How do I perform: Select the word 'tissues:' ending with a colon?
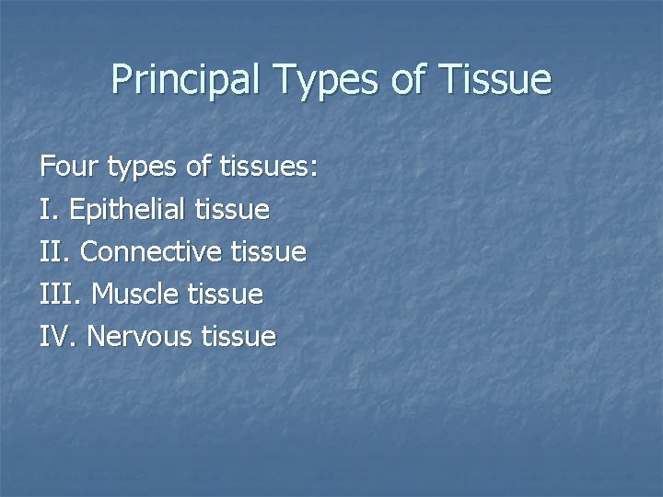269,168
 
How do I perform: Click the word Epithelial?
128,210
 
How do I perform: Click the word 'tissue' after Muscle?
226,295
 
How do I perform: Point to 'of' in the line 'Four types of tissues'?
199,168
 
